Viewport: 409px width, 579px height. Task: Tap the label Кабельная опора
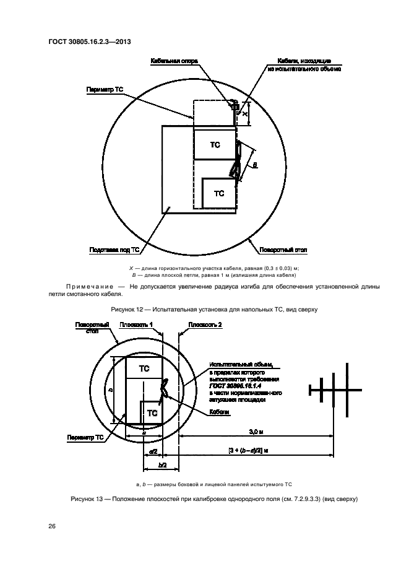(x=173, y=62)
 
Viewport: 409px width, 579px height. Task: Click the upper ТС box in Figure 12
(x=215, y=144)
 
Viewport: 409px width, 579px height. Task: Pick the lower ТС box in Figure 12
(x=219, y=193)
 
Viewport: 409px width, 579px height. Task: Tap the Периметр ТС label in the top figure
(x=105, y=89)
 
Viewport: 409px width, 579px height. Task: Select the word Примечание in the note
(x=90, y=286)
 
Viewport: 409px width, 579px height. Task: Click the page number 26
(x=52, y=526)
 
